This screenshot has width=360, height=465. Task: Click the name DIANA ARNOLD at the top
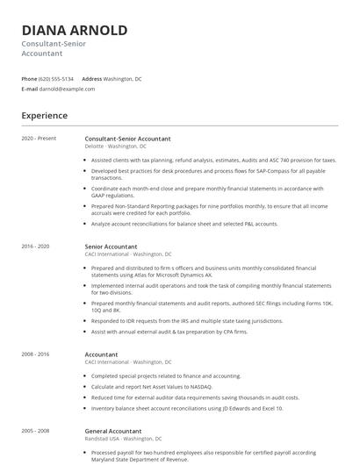click(74, 30)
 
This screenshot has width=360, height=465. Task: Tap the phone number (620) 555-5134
click(57, 79)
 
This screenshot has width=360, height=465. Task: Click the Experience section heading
click(44, 116)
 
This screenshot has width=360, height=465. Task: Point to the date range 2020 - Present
click(39, 139)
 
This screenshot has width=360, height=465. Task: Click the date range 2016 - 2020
click(35, 247)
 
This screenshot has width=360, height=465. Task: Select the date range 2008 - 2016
click(35, 354)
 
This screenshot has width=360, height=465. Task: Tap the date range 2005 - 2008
click(35, 432)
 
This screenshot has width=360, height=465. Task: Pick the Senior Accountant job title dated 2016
click(111, 247)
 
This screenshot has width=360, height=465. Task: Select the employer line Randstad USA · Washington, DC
click(123, 439)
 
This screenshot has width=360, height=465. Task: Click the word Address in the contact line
click(91, 79)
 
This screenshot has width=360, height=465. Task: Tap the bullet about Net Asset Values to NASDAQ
click(165, 387)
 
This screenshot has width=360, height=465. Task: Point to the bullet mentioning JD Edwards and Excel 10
click(187, 408)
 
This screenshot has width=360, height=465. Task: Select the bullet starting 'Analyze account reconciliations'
click(184, 224)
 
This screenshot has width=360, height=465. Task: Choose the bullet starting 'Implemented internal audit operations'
click(211, 289)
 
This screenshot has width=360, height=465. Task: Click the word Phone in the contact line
click(30, 79)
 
